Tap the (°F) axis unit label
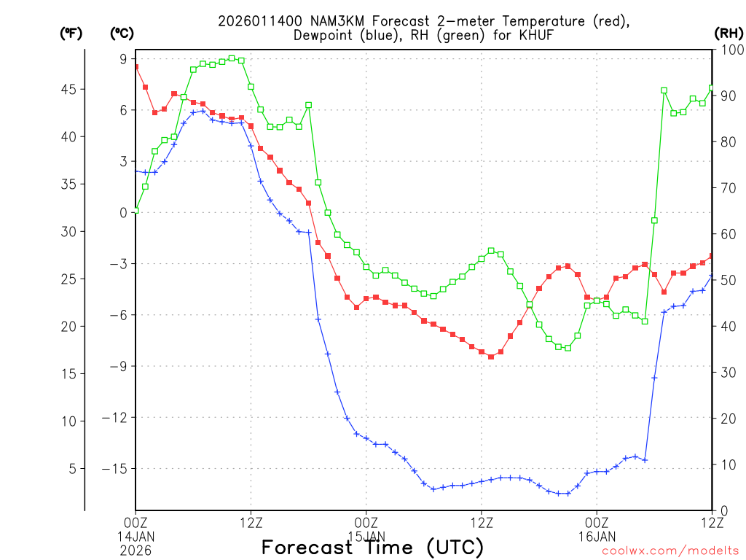click(71, 34)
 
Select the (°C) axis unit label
click(121, 34)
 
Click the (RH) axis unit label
click(729, 34)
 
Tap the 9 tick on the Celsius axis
click(123, 59)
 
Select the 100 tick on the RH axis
click(729, 50)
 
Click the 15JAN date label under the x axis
click(366, 536)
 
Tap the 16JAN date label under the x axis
click(597, 536)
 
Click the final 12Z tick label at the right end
click(711, 522)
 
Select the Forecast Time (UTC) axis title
click(372, 547)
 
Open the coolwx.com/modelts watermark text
click(670, 551)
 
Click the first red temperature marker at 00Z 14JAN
click(136, 67)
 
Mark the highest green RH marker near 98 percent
click(232, 58)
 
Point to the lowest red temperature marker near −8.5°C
click(491, 357)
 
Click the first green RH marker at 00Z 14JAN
click(136, 211)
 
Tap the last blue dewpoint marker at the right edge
click(712, 276)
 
